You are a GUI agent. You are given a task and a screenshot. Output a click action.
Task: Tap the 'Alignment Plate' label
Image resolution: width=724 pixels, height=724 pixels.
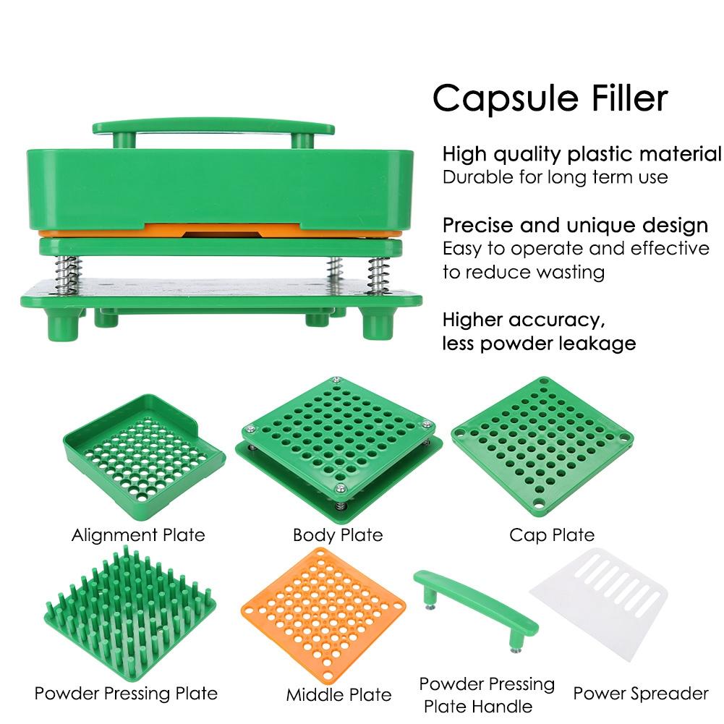138,535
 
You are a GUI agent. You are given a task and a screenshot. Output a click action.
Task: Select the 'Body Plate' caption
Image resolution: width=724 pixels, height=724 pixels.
338,535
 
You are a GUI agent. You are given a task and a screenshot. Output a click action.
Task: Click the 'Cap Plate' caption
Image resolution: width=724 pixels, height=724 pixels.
552,535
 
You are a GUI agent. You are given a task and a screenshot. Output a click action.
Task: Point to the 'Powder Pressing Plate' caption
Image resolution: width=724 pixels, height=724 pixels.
126,694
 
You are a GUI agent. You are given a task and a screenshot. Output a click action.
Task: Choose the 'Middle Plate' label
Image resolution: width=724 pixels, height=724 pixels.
338,695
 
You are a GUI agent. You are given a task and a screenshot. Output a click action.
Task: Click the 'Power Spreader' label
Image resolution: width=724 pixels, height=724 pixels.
641,694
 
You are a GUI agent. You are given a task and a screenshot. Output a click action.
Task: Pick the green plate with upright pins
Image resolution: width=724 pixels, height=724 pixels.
133,612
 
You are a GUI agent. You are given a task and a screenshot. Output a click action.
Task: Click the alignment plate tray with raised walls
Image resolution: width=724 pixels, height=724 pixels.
143,448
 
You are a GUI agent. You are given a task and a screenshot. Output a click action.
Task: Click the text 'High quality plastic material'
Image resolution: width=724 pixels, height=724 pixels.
582,153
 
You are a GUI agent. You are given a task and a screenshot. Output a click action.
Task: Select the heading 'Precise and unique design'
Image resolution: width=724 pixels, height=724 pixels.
575,225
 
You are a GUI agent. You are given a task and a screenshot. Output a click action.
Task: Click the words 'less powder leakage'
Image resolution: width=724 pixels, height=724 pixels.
539,342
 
